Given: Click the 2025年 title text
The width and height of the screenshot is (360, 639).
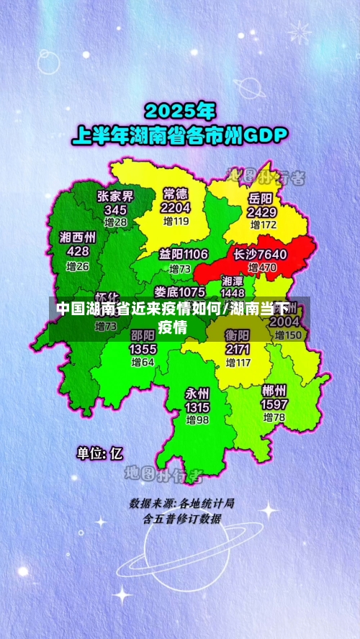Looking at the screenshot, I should click(179, 112).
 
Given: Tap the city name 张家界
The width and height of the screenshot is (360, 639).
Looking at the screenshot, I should click(115, 196).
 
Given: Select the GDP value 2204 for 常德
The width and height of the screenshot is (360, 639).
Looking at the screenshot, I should click(176, 207).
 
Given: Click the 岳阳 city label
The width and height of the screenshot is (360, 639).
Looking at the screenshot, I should click(261, 198).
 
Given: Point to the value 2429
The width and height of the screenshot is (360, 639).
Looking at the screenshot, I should click(261, 212).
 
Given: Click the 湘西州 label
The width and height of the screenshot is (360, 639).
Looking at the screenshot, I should click(78, 237).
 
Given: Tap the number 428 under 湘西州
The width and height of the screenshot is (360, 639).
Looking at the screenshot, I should click(78, 251).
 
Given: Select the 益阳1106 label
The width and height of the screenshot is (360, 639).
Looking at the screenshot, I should click(184, 254).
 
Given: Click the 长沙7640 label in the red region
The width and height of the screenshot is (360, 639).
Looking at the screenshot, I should click(260, 254).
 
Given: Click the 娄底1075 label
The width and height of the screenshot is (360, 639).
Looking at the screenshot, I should click(179, 291).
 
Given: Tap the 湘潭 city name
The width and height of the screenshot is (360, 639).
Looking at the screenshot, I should click(232, 281).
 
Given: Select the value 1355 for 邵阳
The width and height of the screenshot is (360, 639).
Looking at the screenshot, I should click(143, 349).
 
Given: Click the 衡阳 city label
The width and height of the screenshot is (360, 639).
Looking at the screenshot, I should click(237, 335).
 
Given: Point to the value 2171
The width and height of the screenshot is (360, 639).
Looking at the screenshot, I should click(237, 349).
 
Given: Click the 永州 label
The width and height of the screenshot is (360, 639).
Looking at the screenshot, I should click(197, 394).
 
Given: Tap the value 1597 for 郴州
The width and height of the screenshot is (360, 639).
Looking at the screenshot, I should click(274, 404).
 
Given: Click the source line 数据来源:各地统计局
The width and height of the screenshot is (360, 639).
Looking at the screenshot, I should click(181, 502).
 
